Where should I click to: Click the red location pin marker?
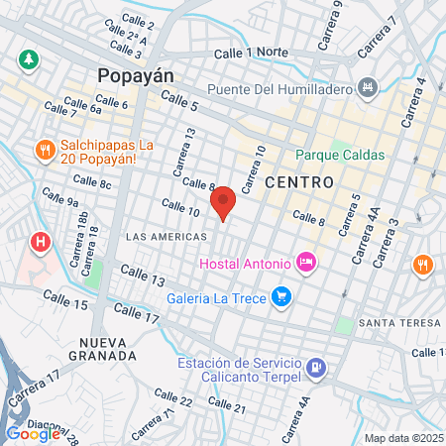coord(223,202)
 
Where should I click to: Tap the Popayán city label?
coord(134,76)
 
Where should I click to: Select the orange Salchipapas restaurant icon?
coord(44,151)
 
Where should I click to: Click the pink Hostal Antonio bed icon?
coord(307,263)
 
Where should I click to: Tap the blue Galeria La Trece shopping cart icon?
coord(281,294)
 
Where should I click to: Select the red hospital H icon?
coord(41,241)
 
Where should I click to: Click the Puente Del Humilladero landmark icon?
coord(369,88)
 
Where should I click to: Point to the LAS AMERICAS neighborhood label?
coord(167,237)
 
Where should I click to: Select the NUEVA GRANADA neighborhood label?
coord(102,348)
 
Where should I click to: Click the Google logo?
coord(32,433)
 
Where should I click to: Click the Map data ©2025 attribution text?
coord(401,438)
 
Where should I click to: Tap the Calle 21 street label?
coord(227,406)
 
